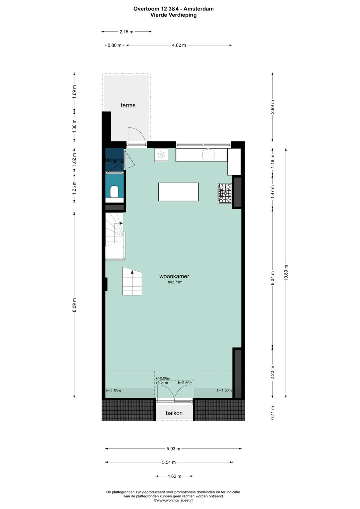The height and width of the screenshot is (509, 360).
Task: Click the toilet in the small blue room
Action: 114,192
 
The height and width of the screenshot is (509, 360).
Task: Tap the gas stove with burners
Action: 225,193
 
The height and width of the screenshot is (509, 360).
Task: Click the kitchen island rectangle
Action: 178,192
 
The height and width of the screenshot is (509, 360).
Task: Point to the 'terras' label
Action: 128,105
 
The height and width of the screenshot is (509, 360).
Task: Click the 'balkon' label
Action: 174,413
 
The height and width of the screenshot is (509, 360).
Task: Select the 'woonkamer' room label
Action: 174,277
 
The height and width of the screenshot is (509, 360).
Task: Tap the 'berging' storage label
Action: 115,160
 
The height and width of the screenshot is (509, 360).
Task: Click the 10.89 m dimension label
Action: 286,273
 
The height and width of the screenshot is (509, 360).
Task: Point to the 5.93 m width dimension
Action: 173,449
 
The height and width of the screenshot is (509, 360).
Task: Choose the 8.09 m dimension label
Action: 74,305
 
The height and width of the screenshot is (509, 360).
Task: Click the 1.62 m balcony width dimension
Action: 175,476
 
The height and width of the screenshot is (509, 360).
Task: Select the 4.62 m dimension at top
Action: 179,45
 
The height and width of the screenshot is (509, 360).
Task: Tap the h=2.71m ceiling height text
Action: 175,282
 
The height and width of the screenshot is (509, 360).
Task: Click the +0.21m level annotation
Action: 162,383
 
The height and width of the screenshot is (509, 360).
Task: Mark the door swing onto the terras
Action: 137,136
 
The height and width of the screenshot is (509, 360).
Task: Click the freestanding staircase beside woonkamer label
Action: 132,281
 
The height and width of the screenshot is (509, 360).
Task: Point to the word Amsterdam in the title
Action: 199,9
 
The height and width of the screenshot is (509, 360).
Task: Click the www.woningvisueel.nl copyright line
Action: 174,500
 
